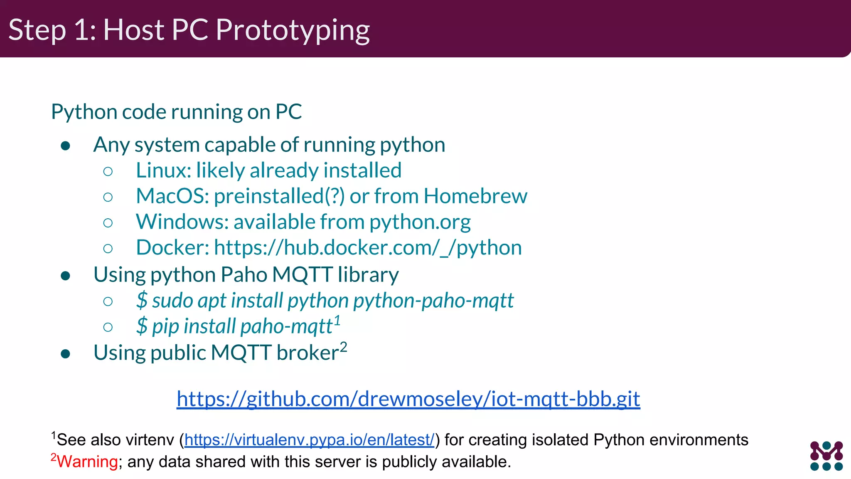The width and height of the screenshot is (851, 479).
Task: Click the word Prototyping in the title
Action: pyautogui.click(x=293, y=30)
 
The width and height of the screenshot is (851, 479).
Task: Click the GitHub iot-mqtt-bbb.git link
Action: pyautogui.click(x=408, y=399)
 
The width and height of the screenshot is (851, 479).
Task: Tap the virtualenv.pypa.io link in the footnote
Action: pyautogui.click(x=309, y=440)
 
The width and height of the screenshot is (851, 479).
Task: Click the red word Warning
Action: pyautogui.click(x=87, y=462)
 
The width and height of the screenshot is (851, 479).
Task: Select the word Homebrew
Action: pyautogui.click(x=475, y=196)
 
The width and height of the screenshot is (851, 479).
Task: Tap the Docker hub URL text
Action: pyautogui.click(x=368, y=248)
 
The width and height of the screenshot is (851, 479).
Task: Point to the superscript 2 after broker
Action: pyautogui.click(x=343, y=347)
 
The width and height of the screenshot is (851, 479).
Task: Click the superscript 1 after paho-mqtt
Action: pyautogui.click(x=337, y=321)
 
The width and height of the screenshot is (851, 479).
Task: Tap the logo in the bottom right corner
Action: pyautogui.click(x=826, y=456)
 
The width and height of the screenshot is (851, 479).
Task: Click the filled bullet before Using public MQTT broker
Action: pyautogui.click(x=65, y=354)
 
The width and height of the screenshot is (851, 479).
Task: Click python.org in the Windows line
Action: pyautogui.click(x=420, y=222)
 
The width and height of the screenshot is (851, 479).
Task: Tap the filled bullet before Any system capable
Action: pyautogui.click(x=65, y=146)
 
